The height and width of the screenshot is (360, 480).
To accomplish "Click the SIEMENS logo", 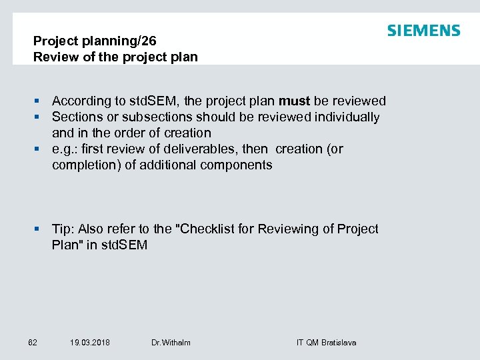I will click(423, 31).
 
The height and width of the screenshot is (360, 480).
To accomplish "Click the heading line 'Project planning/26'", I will click(95, 41).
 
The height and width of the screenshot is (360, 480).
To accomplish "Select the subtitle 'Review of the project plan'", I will click(115, 57).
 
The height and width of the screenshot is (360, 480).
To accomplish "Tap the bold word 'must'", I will click(294, 101).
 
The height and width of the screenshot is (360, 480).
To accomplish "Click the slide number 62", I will click(33, 343).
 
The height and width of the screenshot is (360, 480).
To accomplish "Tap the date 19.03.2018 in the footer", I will click(90, 343).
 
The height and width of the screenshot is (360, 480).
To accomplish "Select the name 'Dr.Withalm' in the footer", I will click(171, 343).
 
